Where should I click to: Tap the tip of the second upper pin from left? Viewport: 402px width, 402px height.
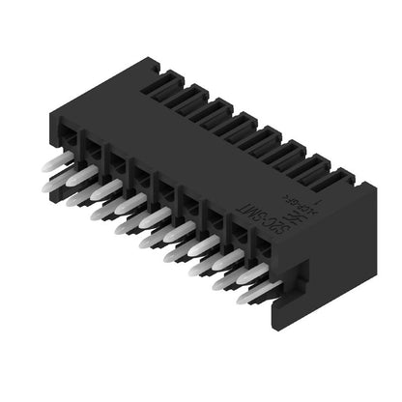tap(73, 178)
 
